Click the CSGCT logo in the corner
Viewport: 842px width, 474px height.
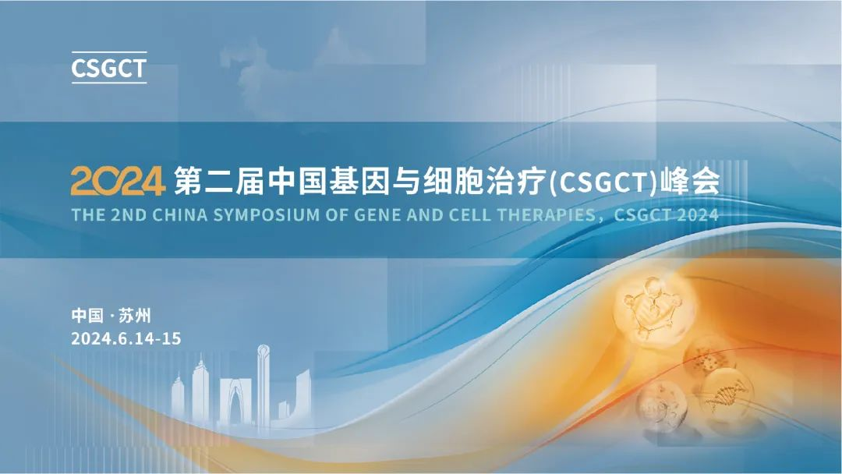(108, 68)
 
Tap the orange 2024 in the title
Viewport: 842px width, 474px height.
(118, 181)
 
